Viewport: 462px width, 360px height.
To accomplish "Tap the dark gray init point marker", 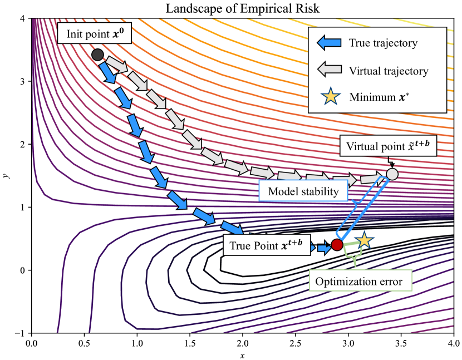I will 97,55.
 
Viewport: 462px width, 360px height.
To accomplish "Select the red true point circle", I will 337,244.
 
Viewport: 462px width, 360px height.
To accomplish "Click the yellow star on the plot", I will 364,240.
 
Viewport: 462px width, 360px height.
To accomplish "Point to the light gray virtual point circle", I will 392,174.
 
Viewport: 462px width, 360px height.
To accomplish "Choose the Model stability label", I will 303,192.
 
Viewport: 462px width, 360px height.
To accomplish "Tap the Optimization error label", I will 358,281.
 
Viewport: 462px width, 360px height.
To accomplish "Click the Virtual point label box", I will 388,147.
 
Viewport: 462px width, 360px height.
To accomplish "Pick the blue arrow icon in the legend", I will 328,43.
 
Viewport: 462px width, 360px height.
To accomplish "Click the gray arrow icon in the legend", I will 328,71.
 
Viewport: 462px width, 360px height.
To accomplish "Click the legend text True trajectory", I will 383,43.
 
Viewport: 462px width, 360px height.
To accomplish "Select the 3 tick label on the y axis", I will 24,81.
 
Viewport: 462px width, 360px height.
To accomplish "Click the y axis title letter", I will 6,175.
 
